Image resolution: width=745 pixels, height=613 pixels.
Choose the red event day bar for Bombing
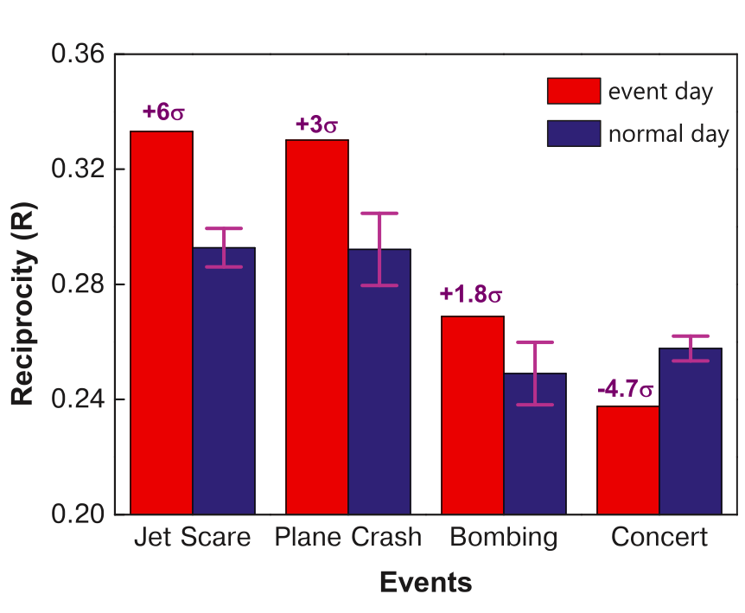tap(473, 415)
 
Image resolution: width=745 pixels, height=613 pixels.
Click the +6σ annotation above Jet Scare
tap(164, 112)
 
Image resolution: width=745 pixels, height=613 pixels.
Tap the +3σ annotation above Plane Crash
tap(316, 125)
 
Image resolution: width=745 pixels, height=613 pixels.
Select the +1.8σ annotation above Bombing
tap(471, 295)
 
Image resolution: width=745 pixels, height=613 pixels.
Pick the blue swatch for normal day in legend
tap(573, 134)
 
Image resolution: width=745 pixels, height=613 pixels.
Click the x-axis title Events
tap(426, 583)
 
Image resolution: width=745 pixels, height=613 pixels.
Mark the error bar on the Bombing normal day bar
tap(535, 373)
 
